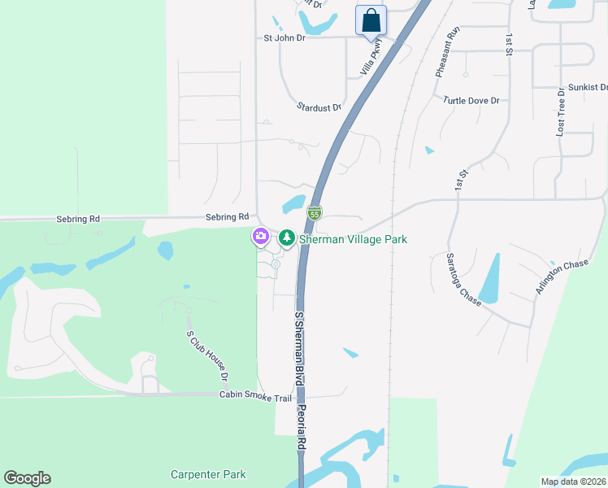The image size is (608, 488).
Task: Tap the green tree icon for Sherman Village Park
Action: pos(286,238)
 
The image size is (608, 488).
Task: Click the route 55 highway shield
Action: pos(315,213)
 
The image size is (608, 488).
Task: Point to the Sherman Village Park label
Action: pos(353,239)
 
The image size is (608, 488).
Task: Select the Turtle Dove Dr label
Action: pos(471,100)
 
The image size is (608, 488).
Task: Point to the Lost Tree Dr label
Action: pos(560,113)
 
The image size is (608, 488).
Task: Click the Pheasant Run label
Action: pos(447,51)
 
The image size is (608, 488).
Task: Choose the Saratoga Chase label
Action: pos(463,279)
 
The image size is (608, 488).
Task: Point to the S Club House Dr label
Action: pos(206,355)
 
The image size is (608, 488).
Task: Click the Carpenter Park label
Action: pos(208,474)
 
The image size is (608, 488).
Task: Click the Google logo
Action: pos(27,478)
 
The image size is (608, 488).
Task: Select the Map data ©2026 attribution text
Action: pos(573,481)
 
